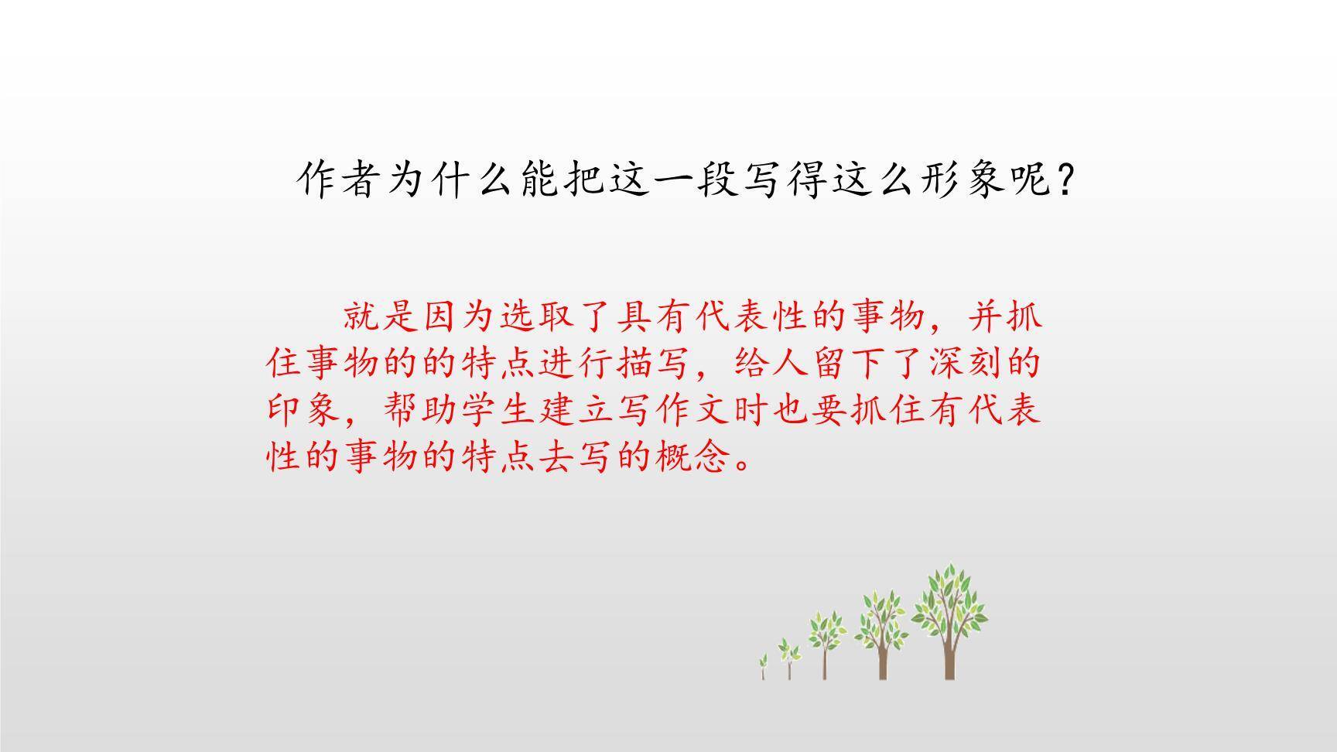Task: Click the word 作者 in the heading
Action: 341,181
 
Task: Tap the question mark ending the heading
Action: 1065,181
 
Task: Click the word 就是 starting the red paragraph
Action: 382,316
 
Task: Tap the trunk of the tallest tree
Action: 949,658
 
